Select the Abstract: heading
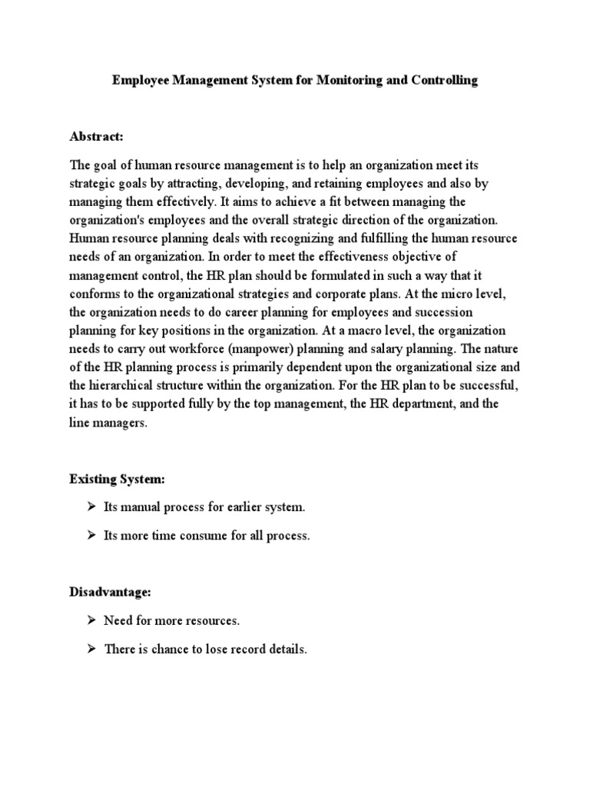96,136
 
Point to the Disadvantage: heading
111,593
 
